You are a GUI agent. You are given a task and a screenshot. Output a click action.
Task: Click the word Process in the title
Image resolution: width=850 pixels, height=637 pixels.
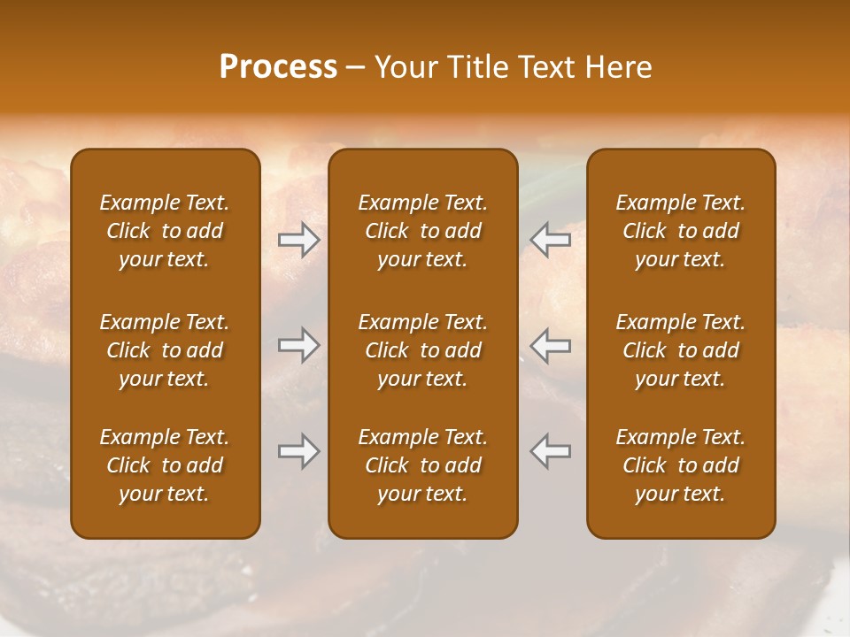coord(278,67)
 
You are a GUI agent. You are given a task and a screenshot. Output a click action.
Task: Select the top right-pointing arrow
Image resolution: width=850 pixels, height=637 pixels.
coord(299,240)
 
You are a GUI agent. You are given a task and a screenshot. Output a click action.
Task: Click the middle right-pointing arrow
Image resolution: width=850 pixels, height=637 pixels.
coord(299,345)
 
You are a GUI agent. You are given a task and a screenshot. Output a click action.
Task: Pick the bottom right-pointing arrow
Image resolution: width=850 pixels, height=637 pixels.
coord(299,451)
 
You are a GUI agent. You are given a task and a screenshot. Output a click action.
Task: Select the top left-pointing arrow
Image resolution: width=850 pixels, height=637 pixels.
coord(550,240)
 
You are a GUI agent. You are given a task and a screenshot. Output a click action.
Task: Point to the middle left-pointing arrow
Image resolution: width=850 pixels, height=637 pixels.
coord(550,345)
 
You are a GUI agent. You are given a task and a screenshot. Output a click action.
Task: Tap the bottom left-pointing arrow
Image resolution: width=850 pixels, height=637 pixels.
coord(550,451)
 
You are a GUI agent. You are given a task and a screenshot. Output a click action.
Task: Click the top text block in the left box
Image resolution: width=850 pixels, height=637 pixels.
coord(165,231)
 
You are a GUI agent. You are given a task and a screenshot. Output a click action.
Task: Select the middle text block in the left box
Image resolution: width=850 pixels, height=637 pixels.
coord(165,350)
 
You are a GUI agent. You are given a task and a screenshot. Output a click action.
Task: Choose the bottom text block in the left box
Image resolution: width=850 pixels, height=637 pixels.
coord(165,465)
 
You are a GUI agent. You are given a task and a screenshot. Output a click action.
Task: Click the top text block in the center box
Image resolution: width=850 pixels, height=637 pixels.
coord(422,231)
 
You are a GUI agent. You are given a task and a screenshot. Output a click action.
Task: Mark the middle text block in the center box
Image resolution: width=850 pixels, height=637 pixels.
coord(422,350)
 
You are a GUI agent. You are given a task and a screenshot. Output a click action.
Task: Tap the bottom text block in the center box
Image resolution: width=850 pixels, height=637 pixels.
coord(422,465)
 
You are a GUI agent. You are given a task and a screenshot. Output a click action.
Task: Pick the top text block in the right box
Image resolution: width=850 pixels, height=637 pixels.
coord(681,231)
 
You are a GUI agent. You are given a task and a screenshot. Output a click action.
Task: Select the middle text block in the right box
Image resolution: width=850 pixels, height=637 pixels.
coord(681,350)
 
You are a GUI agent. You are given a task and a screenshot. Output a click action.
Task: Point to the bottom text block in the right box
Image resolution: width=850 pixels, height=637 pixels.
coord(681,465)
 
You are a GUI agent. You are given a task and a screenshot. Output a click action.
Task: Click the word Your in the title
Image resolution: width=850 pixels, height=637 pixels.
coord(404,67)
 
